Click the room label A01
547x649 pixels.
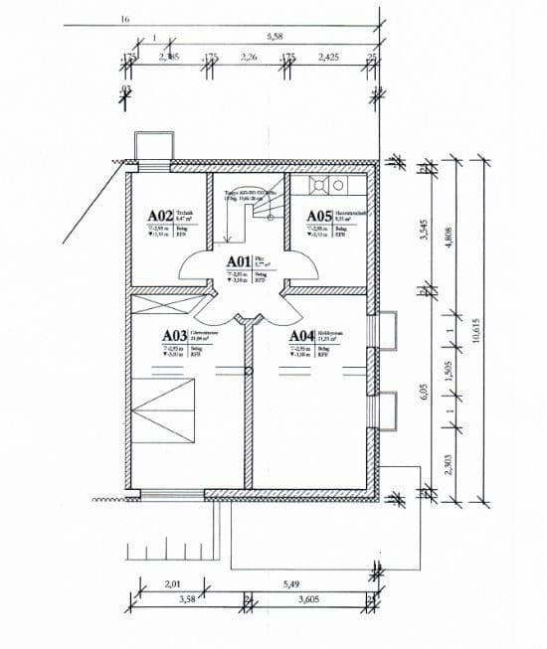tap(239, 262)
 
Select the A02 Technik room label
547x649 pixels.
tap(160, 215)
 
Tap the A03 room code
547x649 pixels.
tap(175, 337)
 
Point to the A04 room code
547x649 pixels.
tap(303, 337)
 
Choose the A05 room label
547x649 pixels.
tap(318, 216)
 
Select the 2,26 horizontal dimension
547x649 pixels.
tap(250, 58)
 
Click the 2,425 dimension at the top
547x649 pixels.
tap(329, 58)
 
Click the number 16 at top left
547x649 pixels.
tap(124, 19)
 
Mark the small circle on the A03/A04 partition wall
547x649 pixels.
tap(249, 371)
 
